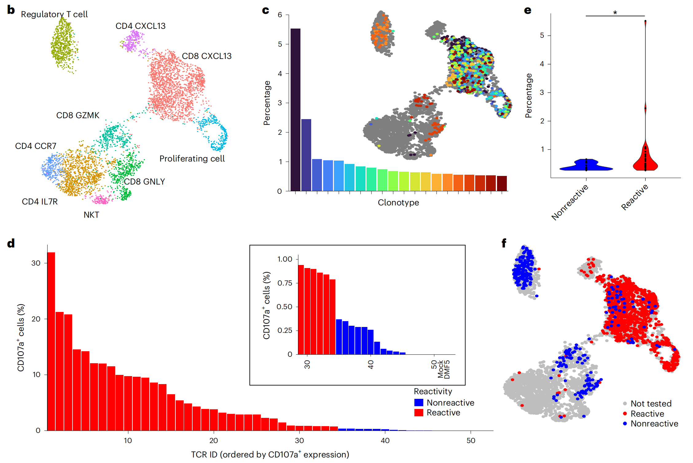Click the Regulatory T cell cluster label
point(54,14)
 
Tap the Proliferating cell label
point(192,158)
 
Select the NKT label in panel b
point(91,215)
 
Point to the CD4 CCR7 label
point(36,146)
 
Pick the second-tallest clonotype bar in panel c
point(306,155)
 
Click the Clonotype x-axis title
point(398,203)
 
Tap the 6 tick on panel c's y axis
point(280,15)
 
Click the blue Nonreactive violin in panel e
point(586,165)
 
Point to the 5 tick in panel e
point(542,35)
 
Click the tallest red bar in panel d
point(51,341)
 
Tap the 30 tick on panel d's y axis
point(36,263)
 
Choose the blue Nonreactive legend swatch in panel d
point(419,403)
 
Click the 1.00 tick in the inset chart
point(285,259)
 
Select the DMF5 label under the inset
point(447,370)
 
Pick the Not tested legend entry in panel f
point(651,403)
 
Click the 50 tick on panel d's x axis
point(471,441)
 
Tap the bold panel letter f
point(504,243)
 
